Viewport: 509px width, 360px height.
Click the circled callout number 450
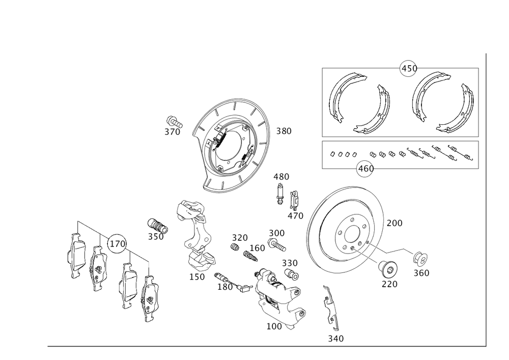[408, 69]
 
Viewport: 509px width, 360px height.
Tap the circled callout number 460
[365, 169]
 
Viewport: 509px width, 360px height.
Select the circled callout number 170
[117, 243]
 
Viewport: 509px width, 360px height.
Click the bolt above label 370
[174, 122]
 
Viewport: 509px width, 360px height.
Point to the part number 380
[284, 131]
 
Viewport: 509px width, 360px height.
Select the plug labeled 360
[420, 258]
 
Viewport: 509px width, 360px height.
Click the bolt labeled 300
[277, 245]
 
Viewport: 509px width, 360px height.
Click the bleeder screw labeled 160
[251, 256]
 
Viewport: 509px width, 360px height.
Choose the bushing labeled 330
[291, 274]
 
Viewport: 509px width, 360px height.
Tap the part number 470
[295, 215]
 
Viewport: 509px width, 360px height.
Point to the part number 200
[394, 223]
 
